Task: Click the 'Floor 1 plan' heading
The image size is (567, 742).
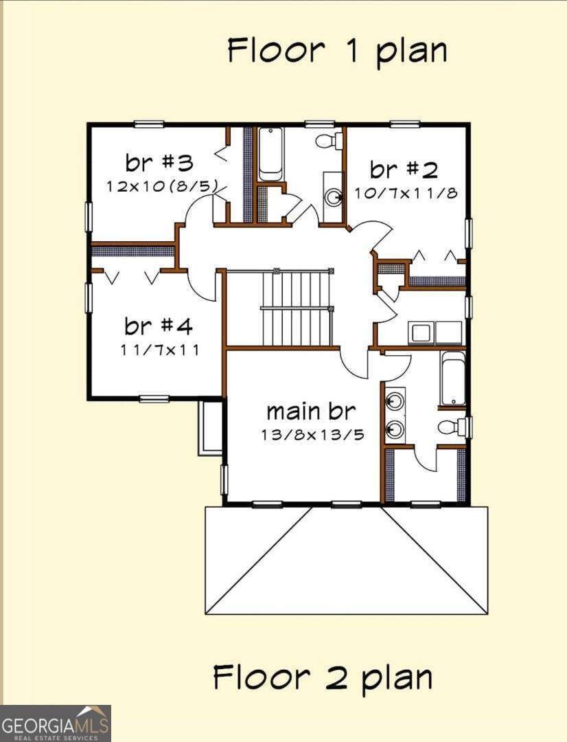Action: [337, 51]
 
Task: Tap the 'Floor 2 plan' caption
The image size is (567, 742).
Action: [323, 677]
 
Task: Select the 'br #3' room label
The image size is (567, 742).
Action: [159, 163]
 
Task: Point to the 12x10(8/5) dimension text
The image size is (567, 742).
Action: [162, 185]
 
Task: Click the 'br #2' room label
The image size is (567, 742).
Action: [404, 170]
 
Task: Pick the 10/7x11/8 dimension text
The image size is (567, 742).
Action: [406, 193]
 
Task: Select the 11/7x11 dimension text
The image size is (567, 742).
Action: [160, 349]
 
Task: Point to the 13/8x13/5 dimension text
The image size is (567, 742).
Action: [312, 434]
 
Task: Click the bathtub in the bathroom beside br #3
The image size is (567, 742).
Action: [270, 155]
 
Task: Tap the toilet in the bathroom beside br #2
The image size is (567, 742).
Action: [329, 141]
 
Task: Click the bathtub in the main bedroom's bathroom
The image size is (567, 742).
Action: [453, 379]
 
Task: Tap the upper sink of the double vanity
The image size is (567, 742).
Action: [395, 403]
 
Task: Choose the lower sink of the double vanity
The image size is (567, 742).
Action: [395, 429]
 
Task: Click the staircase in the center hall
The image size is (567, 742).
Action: [297, 308]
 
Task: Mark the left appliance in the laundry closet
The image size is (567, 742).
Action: [420, 333]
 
